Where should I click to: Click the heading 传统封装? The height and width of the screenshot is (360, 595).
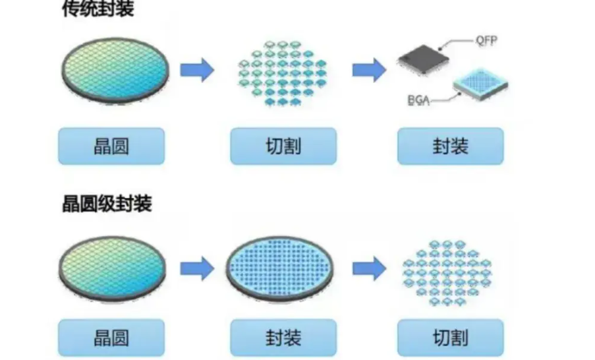coord(98,9)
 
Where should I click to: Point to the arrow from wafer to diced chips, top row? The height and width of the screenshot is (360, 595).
coord(197,69)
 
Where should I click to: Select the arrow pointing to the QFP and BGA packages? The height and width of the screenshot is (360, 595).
coord(369,69)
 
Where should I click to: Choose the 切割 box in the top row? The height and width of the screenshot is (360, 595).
coord(283,146)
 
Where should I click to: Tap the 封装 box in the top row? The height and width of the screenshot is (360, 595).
coord(450,146)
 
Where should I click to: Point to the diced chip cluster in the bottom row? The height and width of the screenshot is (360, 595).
coord(449,266)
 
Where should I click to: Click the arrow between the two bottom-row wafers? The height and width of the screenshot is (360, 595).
coord(197,268)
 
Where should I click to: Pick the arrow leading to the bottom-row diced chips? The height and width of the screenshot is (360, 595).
coord(369,268)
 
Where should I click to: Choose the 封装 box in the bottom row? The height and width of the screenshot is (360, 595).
coord(283,338)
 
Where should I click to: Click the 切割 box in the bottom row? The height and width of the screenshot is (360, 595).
coord(450,338)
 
